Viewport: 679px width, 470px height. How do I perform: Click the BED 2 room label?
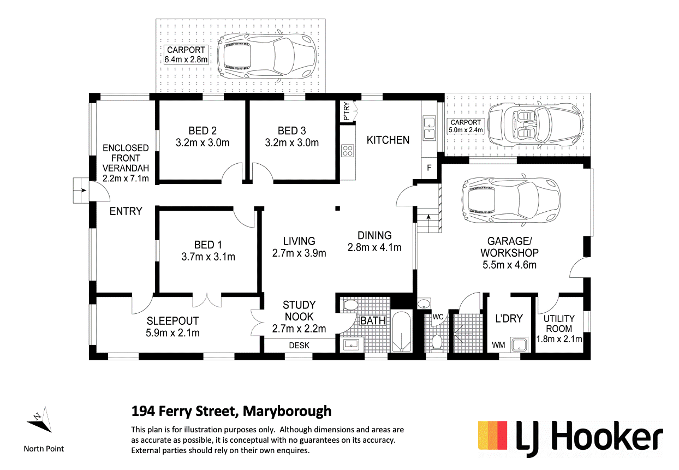pyautogui.click(x=202, y=131)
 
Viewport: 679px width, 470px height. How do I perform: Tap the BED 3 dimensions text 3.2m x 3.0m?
pyautogui.click(x=291, y=143)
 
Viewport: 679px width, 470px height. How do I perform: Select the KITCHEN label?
pyautogui.click(x=388, y=140)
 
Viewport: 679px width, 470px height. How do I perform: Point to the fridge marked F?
pyautogui.click(x=429, y=168)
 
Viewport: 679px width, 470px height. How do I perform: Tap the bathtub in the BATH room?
pyautogui.click(x=403, y=333)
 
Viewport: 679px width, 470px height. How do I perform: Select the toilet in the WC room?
pyautogui.click(x=437, y=341)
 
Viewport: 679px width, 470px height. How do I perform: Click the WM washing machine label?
pyautogui.click(x=498, y=345)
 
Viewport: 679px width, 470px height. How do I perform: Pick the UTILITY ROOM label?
pyautogui.click(x=559, y=324)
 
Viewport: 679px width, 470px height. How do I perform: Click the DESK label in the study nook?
pyautogui.click(x=299, y=346)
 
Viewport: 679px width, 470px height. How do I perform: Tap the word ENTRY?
pyautogui.click(x=126, y=211)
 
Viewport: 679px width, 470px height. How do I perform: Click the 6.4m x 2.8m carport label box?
pyautogui.click(x=187, y=55)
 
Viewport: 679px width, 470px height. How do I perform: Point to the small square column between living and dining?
pyautogui.click(x=338, y=207)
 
